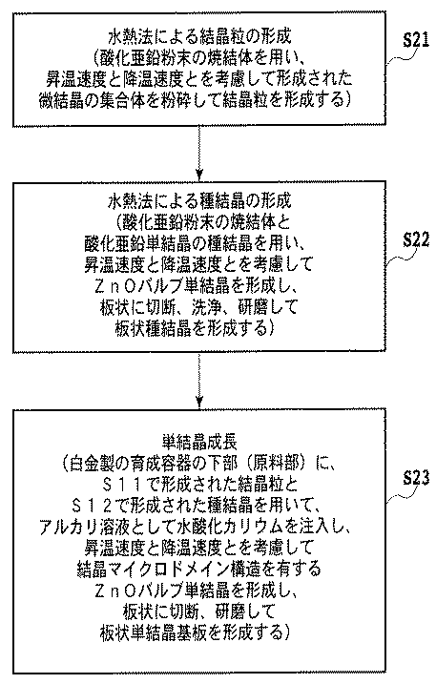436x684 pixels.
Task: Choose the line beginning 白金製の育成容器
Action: tap(198, 464)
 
